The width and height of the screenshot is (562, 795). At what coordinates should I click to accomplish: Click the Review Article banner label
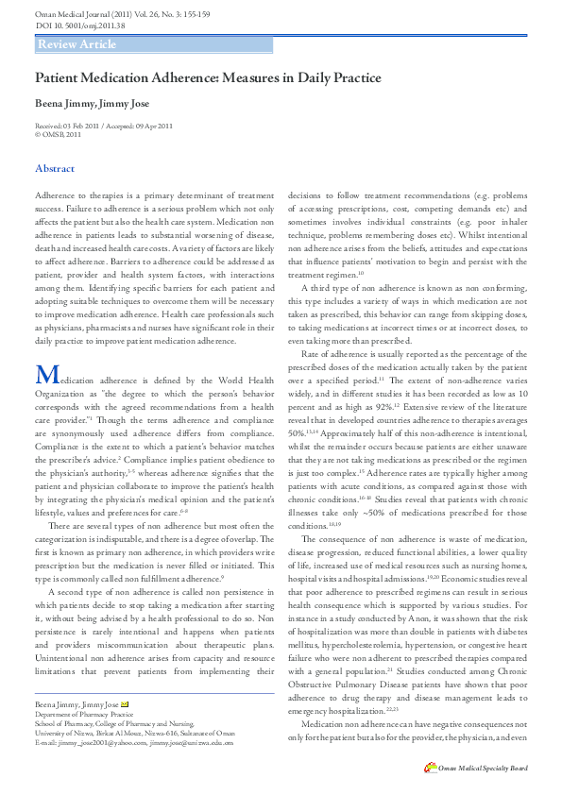(77, 44)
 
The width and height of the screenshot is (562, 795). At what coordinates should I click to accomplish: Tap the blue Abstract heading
(55, 168)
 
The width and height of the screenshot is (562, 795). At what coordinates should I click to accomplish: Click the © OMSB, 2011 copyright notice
(59, 135)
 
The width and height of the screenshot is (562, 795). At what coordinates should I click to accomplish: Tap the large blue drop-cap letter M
(47, 375)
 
